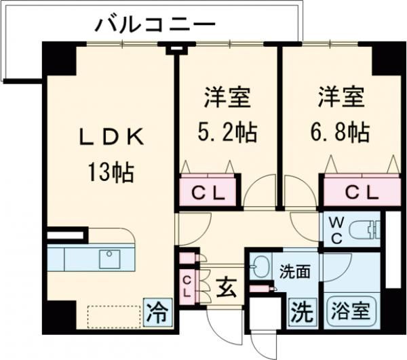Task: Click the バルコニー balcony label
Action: (155, 26)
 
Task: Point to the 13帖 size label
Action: (110, 172)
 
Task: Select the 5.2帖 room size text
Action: (228, 132)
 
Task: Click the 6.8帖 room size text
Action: (342, 132)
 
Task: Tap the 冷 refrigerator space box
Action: (157, 313)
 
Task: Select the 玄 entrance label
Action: (227, 289)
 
